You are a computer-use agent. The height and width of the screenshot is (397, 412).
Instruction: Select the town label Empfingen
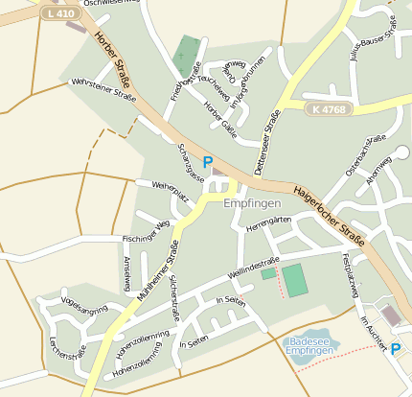[251, 204]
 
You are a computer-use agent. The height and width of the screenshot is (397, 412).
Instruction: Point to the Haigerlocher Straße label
[332, 212]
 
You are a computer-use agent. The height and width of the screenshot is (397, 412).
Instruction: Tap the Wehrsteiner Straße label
[103, 89]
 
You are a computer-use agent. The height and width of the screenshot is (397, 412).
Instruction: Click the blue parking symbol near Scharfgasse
[207, 163]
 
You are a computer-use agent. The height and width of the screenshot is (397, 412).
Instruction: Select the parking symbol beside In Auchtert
[396, 349]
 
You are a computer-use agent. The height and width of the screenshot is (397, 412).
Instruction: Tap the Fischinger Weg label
[146, 231]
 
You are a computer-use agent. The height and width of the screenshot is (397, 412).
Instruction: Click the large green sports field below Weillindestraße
[295, 279]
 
